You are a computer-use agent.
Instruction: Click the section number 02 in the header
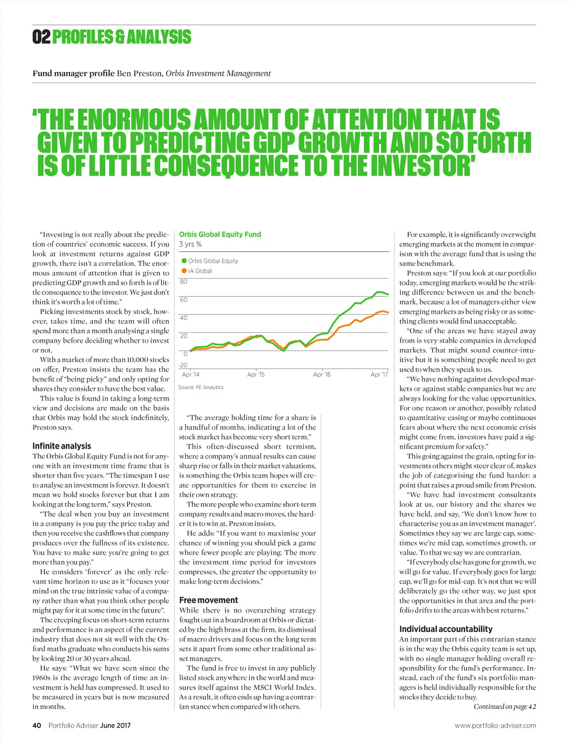click(41, 37)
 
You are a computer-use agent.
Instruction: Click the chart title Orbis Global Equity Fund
click(220, 234)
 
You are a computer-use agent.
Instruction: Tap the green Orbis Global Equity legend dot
click(184, 261)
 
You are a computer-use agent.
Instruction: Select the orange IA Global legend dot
click(184, 271)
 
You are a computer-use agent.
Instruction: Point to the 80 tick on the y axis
click(184, 282)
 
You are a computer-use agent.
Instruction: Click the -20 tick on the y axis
click(183, 365)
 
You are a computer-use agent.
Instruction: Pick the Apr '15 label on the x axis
click(256, 375)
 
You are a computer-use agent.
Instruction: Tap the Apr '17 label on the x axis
click(379, 375)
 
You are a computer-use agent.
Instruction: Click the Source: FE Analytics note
click(200, 387)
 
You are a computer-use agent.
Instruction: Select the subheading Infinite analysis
click(61, 446)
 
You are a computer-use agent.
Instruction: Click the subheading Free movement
click(208, 600)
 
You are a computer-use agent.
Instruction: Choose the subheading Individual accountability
click(446, 629)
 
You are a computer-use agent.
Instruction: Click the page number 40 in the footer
click(37, 725)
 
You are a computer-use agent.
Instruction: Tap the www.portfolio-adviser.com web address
click(495, 725)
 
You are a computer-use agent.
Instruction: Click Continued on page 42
click(504, 706)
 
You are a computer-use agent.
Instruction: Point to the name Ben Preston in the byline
click(140, 73)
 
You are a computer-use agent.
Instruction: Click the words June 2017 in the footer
click(115, 725)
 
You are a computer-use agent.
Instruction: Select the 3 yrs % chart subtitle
click(190, 244)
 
